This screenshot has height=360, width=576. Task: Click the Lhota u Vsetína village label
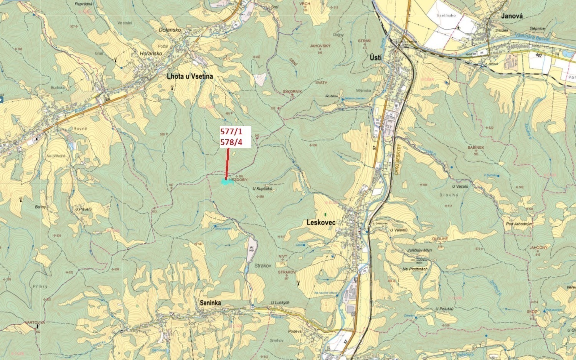[x=190, y=76]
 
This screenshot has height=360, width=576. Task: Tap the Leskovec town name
[x=321, y=222]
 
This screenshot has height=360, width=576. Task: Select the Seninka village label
[x=210, y=303]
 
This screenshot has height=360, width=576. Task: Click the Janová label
[x=512, y=16]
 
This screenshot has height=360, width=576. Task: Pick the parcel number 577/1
[x=231, y=131]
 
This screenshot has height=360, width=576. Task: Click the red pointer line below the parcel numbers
[x=228, y=163]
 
